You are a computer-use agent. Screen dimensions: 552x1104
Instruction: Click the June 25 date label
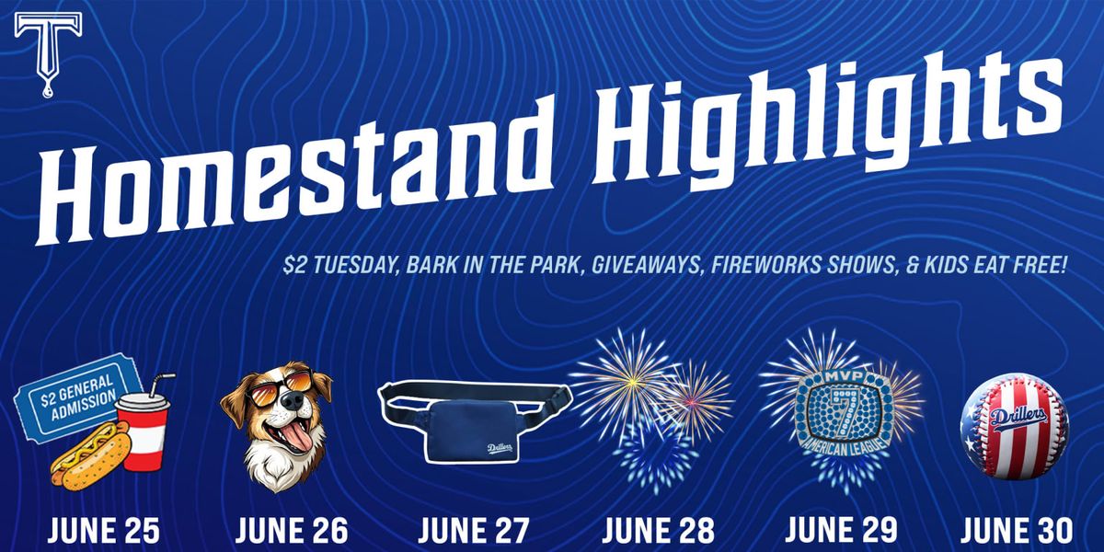103,531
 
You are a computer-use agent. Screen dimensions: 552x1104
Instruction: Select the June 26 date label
292,531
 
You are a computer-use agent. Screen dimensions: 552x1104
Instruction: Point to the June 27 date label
473,531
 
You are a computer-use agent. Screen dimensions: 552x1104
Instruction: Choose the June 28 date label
657,531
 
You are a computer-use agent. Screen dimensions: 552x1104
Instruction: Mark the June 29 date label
841,531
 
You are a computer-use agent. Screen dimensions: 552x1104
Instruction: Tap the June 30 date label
1016,531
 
